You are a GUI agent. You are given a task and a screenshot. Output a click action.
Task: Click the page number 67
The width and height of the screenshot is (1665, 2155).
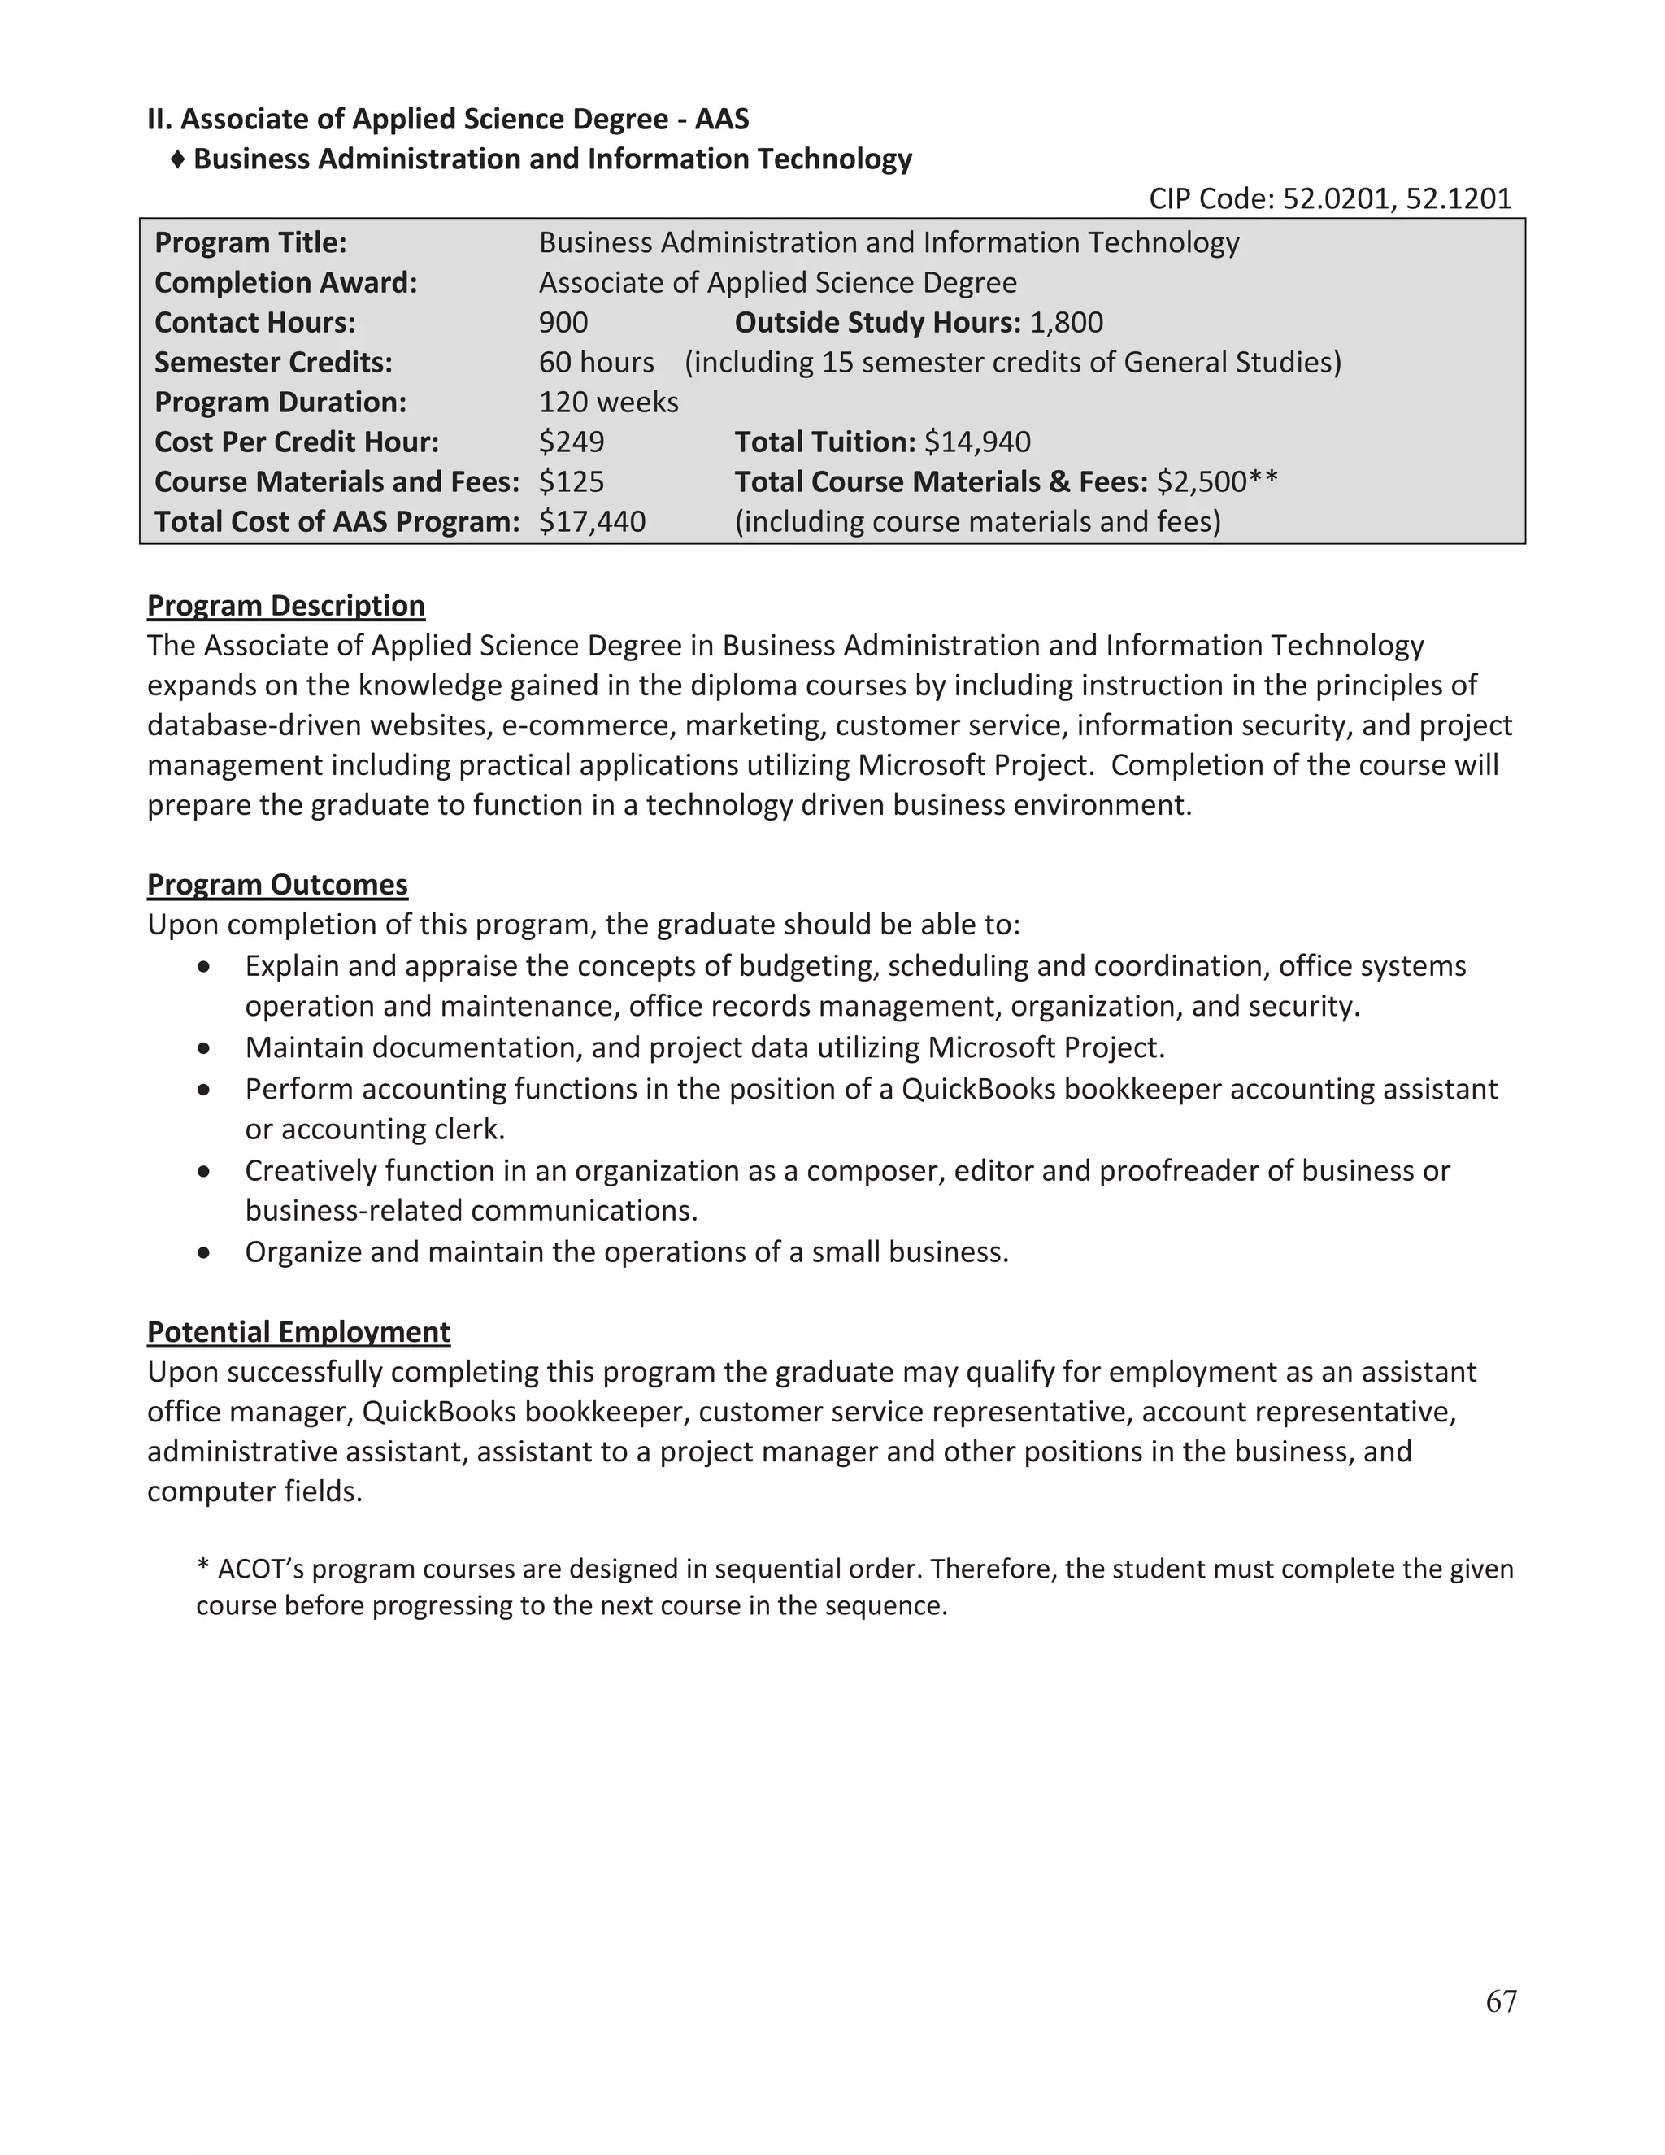[1500, 2001]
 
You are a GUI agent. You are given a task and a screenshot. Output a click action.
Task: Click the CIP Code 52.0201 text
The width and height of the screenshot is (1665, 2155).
[1336, 199]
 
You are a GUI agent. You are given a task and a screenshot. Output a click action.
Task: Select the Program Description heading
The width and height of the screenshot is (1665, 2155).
[286, 605]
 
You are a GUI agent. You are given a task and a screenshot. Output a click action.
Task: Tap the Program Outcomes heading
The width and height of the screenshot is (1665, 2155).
[277, 884]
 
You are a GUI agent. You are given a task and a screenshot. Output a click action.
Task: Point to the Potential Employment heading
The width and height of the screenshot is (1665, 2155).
[299, 1331]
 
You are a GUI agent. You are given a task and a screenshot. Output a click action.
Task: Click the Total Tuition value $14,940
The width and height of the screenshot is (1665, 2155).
[976, 442]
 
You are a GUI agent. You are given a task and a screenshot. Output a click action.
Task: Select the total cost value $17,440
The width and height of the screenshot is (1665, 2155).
[592, 521]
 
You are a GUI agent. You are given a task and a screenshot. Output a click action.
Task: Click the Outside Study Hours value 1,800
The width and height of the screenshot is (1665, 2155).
[1067, 323]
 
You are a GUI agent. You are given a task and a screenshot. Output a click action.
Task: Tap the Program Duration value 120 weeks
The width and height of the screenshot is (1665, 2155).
[609, 403]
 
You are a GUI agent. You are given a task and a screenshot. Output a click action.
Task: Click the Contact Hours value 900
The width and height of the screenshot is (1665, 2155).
[563, 323]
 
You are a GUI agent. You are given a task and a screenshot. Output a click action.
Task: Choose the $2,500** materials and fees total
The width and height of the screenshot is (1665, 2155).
[1216, 481]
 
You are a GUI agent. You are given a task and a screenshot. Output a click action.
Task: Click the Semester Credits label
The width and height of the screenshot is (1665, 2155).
[273, 362]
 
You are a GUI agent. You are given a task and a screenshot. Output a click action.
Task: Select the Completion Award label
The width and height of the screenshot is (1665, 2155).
[286, 283]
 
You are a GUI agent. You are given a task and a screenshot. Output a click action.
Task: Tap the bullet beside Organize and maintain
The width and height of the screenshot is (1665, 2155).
[204, 1253]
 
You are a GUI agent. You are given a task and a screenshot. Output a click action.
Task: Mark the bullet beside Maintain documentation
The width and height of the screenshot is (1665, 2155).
[204, 1048]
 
